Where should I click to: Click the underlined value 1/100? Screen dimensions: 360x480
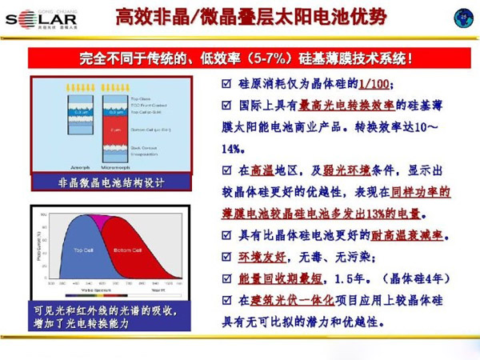[x=375, y=85]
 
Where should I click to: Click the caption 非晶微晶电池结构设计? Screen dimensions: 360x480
[x=111, y=182]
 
